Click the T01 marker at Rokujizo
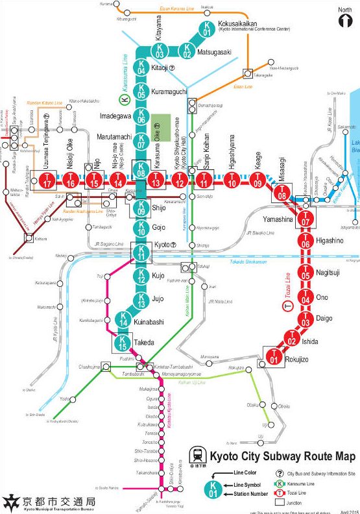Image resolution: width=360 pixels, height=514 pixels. point(274,356)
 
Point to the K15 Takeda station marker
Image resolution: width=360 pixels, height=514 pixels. point(123,343)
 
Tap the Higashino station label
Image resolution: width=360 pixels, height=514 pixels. point(333,239)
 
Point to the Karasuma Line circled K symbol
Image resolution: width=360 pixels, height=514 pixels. point(126,99)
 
